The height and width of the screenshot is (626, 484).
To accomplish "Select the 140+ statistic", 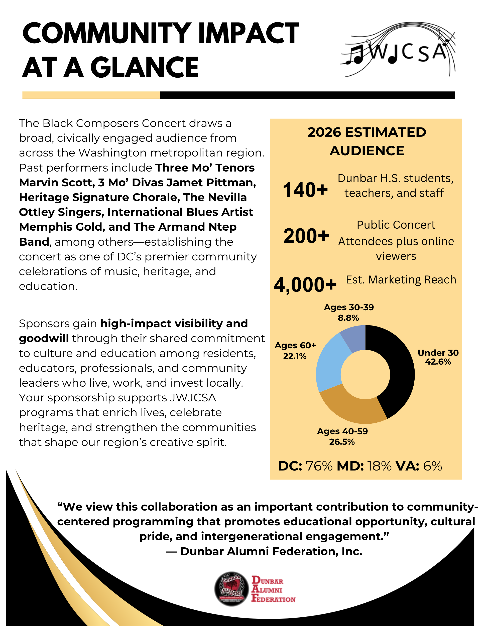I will pyautogui.click(x=305, y=190).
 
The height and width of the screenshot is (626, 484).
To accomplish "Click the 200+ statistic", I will pyautogui.click(x=306, y=236).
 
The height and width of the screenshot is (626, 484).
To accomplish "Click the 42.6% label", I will pyautogui.click(x=438, y=362).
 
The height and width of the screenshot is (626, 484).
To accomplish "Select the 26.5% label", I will pyautogui.click(x=342, y=442).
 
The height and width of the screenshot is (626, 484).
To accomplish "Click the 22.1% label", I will pyautogui.click(x=295, y=356).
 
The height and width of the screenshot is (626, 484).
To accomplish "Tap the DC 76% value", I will pyautogui.click(x=319, y=466).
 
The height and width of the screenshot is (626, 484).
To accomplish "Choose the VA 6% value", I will pyautogui.click(x=432, y=466).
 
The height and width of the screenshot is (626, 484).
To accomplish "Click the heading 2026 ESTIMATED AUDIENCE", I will pyautogui.click(x=367, y=141).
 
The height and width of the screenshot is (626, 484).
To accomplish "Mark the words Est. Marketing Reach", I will pyautogui.click(x=401, y=280).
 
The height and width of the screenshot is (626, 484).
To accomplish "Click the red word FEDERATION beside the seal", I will pyautogui.click(x=273, y=599).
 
